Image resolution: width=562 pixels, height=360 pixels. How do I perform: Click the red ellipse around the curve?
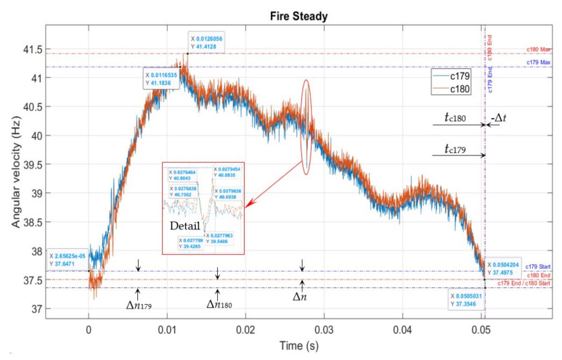coord(308,127)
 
